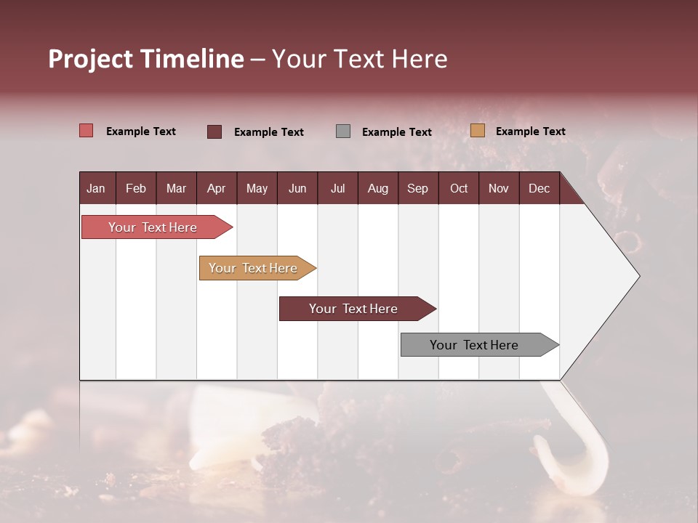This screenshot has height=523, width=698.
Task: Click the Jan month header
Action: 96,188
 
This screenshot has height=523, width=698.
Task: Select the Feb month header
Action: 136,188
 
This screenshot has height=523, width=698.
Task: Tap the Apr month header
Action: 216,188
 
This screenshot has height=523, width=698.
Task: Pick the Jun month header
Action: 297,188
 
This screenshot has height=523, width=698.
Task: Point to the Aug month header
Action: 378,188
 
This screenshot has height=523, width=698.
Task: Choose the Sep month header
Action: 417,188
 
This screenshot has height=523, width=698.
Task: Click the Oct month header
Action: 459,188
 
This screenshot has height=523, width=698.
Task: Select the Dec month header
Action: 539,188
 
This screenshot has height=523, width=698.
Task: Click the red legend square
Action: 87,131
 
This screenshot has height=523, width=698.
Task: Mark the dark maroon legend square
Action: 214,131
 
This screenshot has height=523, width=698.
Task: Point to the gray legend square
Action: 343,131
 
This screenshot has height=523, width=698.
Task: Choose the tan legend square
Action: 477,131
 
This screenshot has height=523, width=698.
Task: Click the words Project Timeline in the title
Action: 146,59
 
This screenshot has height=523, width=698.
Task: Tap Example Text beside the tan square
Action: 530,131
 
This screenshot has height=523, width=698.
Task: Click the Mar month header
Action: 176,188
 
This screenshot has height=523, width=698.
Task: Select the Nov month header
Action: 499,188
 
